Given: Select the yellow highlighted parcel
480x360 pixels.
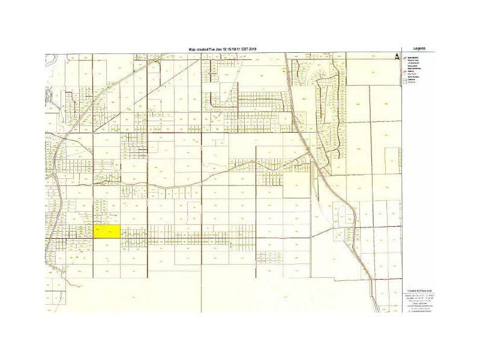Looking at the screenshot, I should point(107,232).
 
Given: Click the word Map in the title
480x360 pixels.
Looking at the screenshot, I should point(191,49).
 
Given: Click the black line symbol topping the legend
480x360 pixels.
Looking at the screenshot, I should point(405,58).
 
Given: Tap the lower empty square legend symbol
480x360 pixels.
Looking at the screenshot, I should point(405,82).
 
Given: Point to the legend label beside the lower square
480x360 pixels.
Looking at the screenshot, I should point(412,82).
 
